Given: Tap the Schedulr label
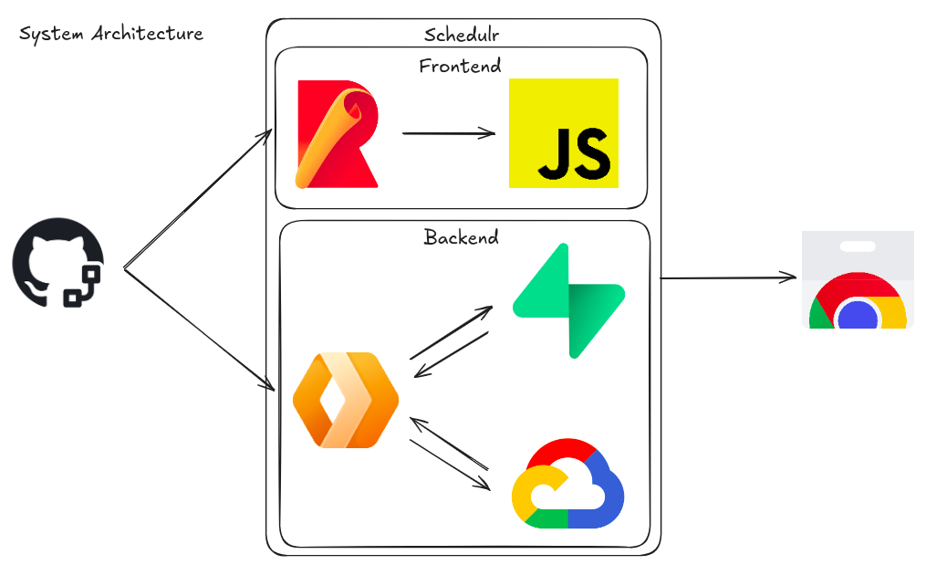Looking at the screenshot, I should tap(462, 35).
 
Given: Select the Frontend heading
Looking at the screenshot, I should tap(460, 66).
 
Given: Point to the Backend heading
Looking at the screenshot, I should tap(462, 237).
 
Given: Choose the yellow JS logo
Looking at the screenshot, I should tap(563, 133).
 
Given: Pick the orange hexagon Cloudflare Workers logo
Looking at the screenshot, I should tap(346, 400).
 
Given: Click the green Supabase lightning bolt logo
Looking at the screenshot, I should tap(568, 300).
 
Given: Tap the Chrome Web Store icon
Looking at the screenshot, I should tap(858, 279).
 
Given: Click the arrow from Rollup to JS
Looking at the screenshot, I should tap(447, 133).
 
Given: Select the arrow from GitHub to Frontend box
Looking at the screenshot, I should tap(197, 201).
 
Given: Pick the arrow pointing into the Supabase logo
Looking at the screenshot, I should tap(451, 332).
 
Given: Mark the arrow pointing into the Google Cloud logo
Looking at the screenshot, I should tap(451, 466).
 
